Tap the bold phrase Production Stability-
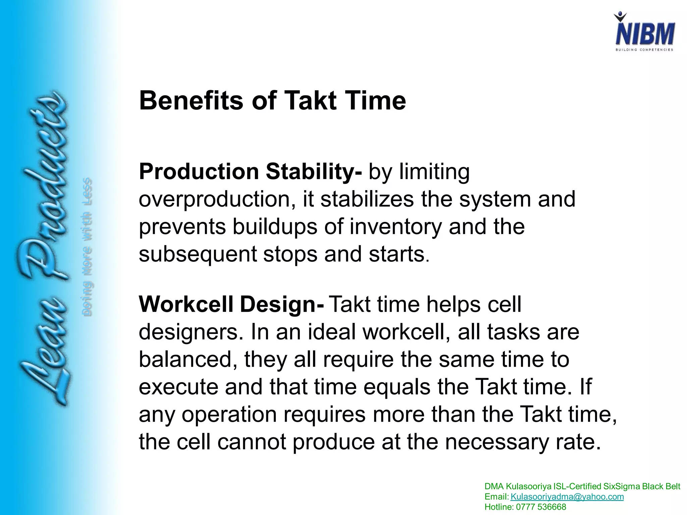(x=250, y=172)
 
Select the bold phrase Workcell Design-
(x=231, y=304)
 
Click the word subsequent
(x=197, y=254)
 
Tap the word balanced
(x=188, y=359)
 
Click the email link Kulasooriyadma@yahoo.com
(x=567, y=497)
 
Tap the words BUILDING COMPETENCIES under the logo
(x=644, y=50)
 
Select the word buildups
(x=275, y=227)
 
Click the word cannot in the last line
(x=252, y=442)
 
